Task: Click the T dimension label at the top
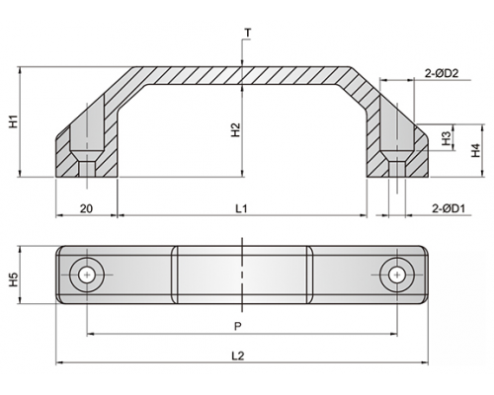(x=248, y=33)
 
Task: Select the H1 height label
(x=13, y=121)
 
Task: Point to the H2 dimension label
(x=236, y=130)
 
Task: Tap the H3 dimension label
(x=447, y=138)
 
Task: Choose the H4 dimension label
(x=476, y=150)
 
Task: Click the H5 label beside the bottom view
(x=13, y=279)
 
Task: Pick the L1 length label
(x=241, y=208)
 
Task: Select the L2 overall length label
(x=238, y=355)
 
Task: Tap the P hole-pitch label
(x=238, y=326)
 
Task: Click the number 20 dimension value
(x=86, y=208)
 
